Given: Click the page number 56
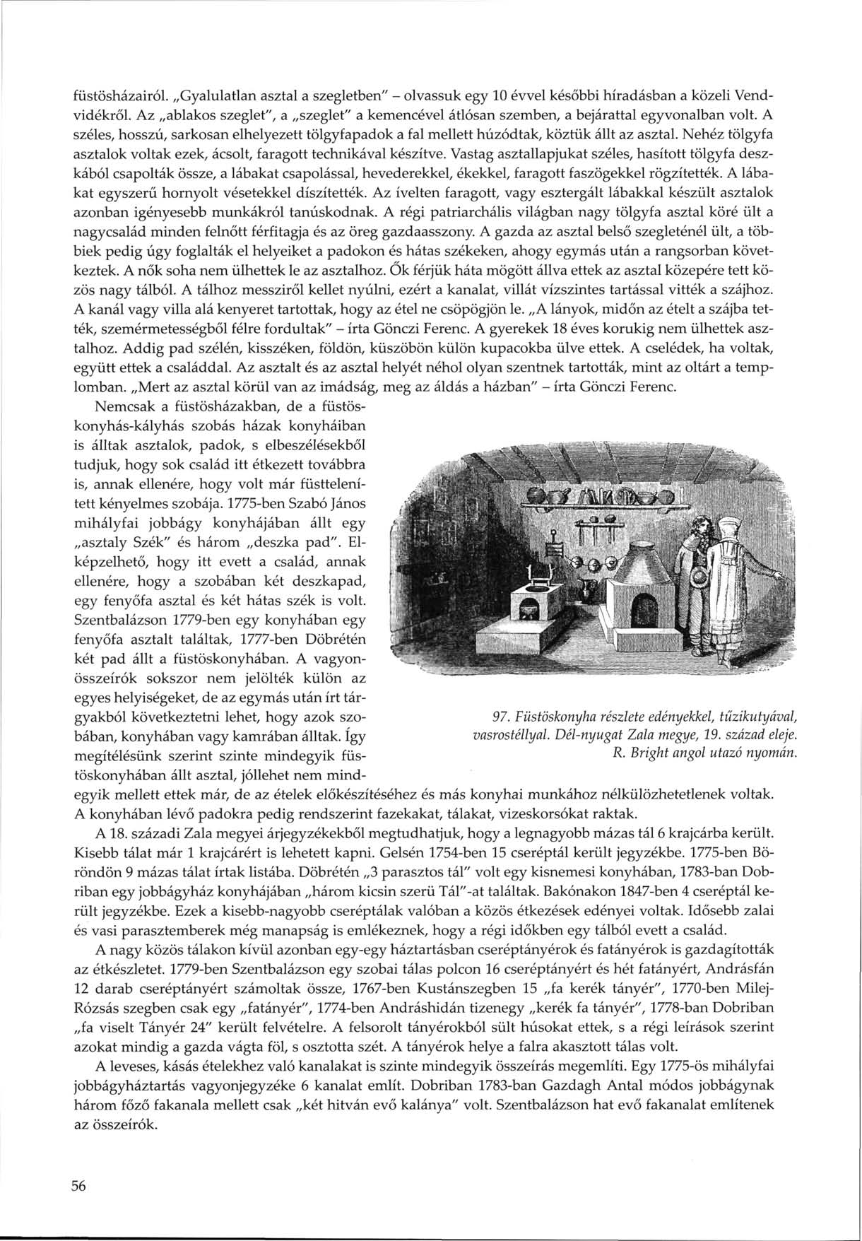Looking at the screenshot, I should click(78, 1187).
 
